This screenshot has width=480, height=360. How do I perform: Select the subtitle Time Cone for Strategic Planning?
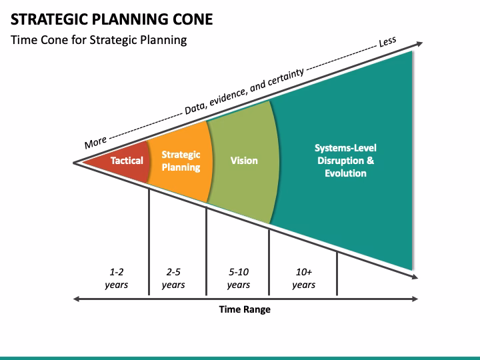coord(99,40)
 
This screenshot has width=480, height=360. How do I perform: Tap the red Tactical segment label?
coord(127,161)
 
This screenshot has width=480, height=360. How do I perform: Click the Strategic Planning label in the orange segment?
coord(181,161)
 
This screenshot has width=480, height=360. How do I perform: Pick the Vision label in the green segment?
coord(244,161)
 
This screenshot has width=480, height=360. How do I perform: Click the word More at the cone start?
coord(96,142)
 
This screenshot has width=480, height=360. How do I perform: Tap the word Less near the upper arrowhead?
coord(387,42)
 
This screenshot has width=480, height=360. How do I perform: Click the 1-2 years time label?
coord(117,279)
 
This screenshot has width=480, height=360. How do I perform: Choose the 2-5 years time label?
coord(173,279)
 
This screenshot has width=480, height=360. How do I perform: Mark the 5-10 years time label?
coord(238,279)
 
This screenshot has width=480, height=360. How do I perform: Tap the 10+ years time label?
coord(303,279)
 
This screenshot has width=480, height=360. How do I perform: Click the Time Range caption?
coord(245,309)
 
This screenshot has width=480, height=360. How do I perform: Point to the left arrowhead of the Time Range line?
coord(77,299)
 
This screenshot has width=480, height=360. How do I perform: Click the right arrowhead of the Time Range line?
coord(417,299)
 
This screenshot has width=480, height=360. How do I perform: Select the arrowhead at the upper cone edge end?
coord(419,44)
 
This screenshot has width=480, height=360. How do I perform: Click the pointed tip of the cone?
coord(75,161)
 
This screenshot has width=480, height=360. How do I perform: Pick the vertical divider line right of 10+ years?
coord(337,273)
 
